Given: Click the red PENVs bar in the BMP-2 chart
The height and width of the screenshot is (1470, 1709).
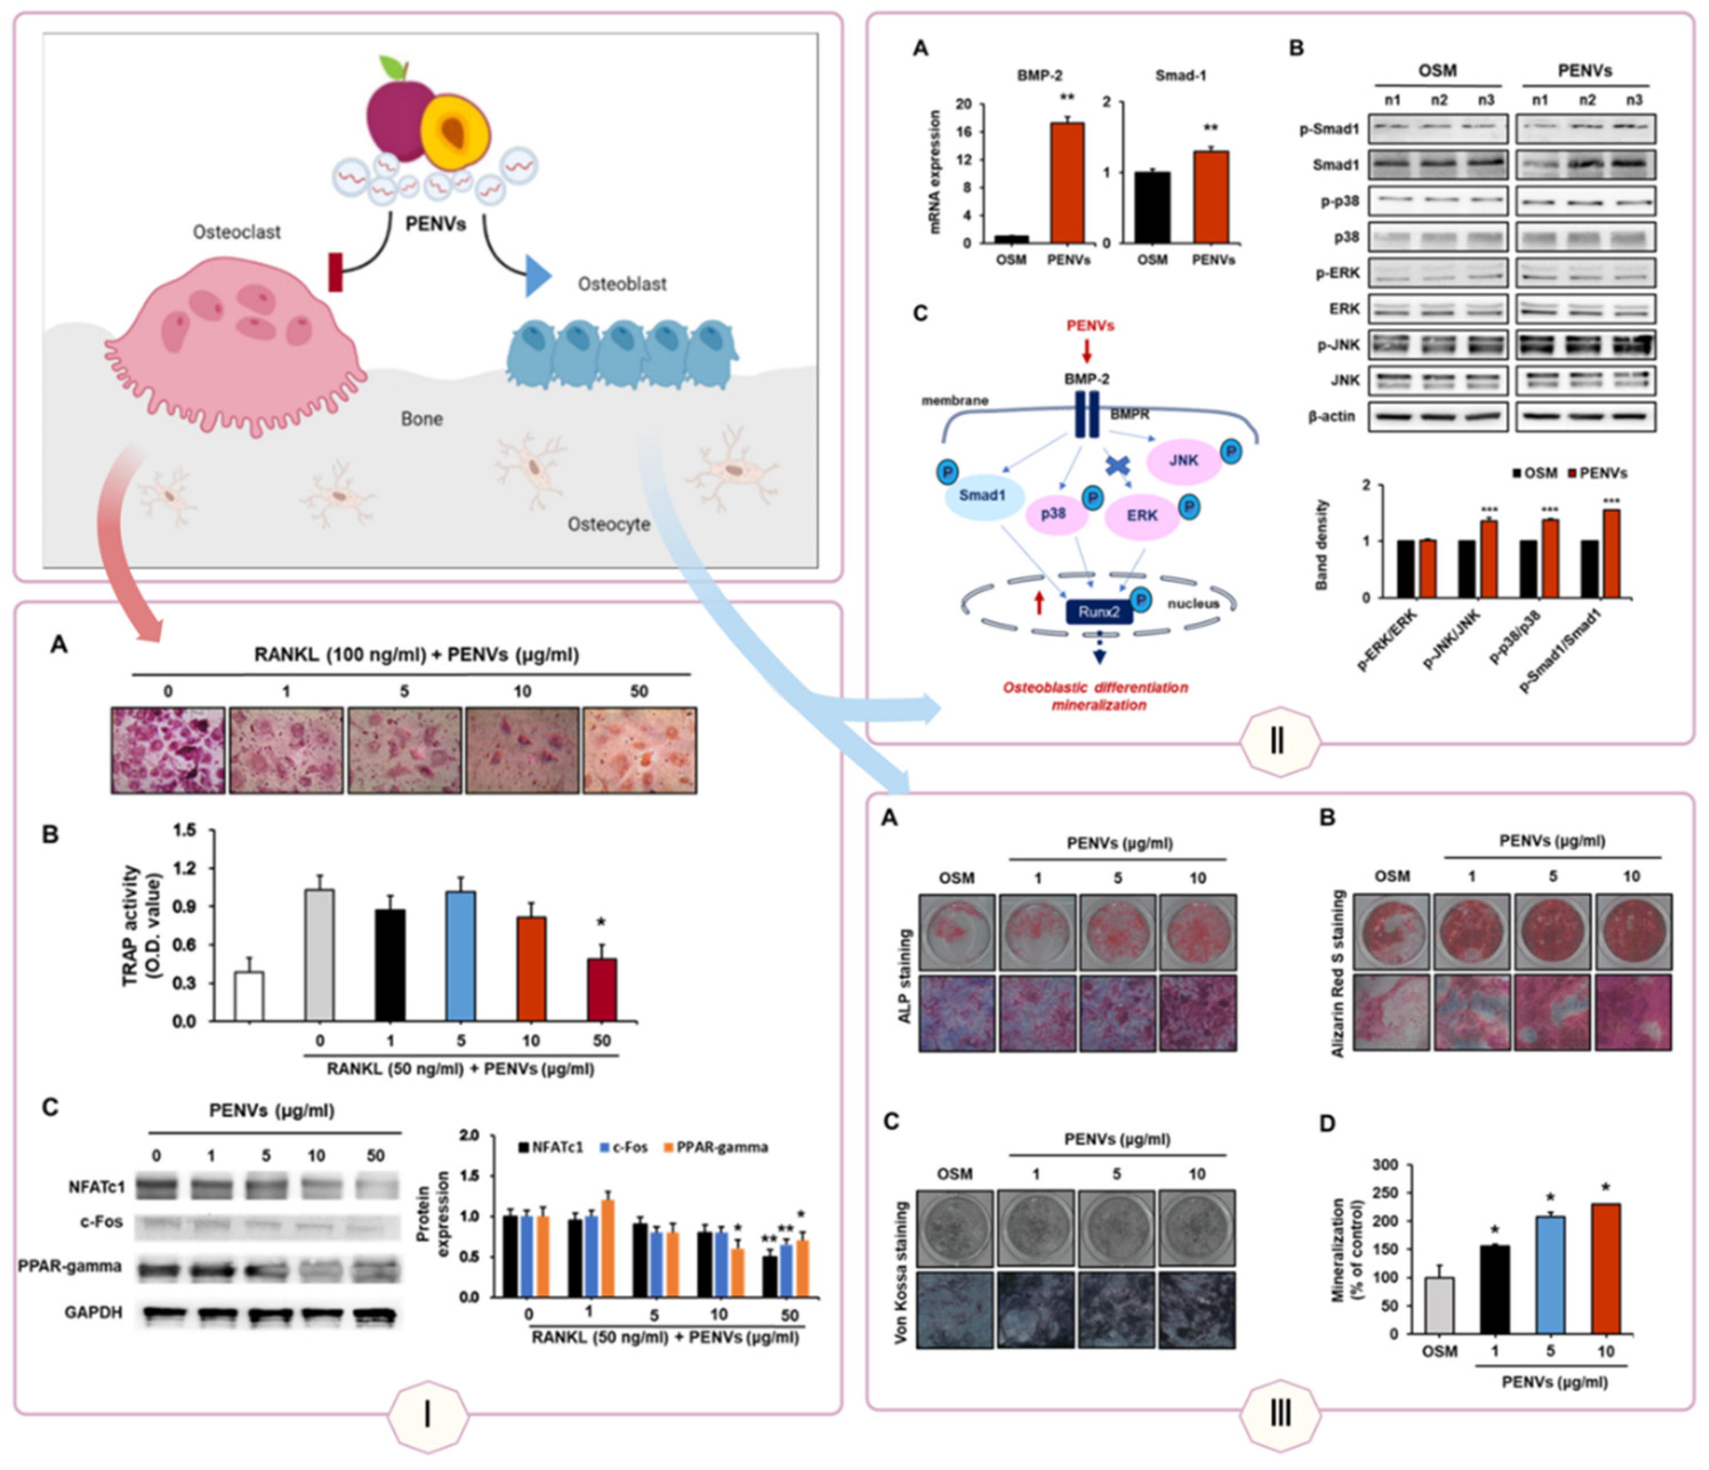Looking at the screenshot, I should tap(1067, 183).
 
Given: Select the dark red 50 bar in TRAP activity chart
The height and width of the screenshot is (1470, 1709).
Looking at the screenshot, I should tap(602, 989).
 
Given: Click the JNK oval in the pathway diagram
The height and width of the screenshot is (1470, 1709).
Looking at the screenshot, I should tap(1183, 461).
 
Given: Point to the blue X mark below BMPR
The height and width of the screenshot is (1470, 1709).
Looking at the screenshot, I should tap(1117, 466).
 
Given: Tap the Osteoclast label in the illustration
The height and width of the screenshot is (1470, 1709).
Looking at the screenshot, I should tap(237, 232).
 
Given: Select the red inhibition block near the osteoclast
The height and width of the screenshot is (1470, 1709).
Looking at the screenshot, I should tap(335, 272).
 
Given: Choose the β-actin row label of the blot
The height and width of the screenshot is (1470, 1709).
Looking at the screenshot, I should tap(1331, 416).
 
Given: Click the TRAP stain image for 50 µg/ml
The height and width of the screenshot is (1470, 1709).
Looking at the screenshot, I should tap(639, 750).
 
